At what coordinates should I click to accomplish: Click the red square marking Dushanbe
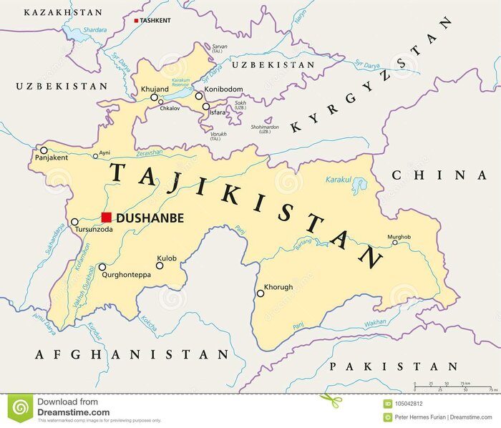click(x=106, y=218)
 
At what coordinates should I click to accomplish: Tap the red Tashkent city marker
click(x=136, y=21)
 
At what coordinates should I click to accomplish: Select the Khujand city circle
click(x=154, y=97)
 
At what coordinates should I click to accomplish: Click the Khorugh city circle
click(x=261, y=293)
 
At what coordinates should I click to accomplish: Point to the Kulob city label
click(x=167, y=258)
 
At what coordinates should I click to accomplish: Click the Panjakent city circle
click(x=44, y=150)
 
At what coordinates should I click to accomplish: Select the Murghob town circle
click(x=394, y=243)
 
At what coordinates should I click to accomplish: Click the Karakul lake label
click(x=339, y=180)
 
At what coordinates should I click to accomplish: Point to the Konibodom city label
click(x=224, y=89)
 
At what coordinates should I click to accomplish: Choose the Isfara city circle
click(x=206, y=107)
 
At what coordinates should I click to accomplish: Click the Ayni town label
click(x=104, y=152)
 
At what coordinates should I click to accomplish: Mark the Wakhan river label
click(x=376, y=323)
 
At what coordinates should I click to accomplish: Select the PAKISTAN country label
click(x=393, y=366)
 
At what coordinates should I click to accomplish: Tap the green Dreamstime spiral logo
click(x=21, y=408)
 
